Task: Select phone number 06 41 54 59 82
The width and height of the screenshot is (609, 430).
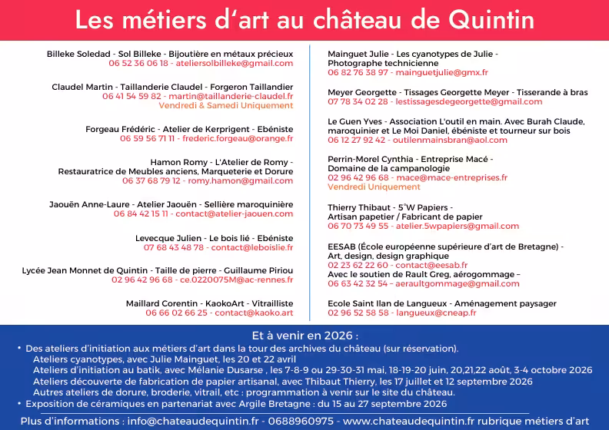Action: tap(131, 97)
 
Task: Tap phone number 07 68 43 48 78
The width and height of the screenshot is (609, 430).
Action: tap(174, 247)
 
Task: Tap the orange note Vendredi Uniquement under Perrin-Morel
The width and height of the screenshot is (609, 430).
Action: tap(374, 187)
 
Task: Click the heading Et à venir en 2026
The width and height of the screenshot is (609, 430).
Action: tap(304, 336)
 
